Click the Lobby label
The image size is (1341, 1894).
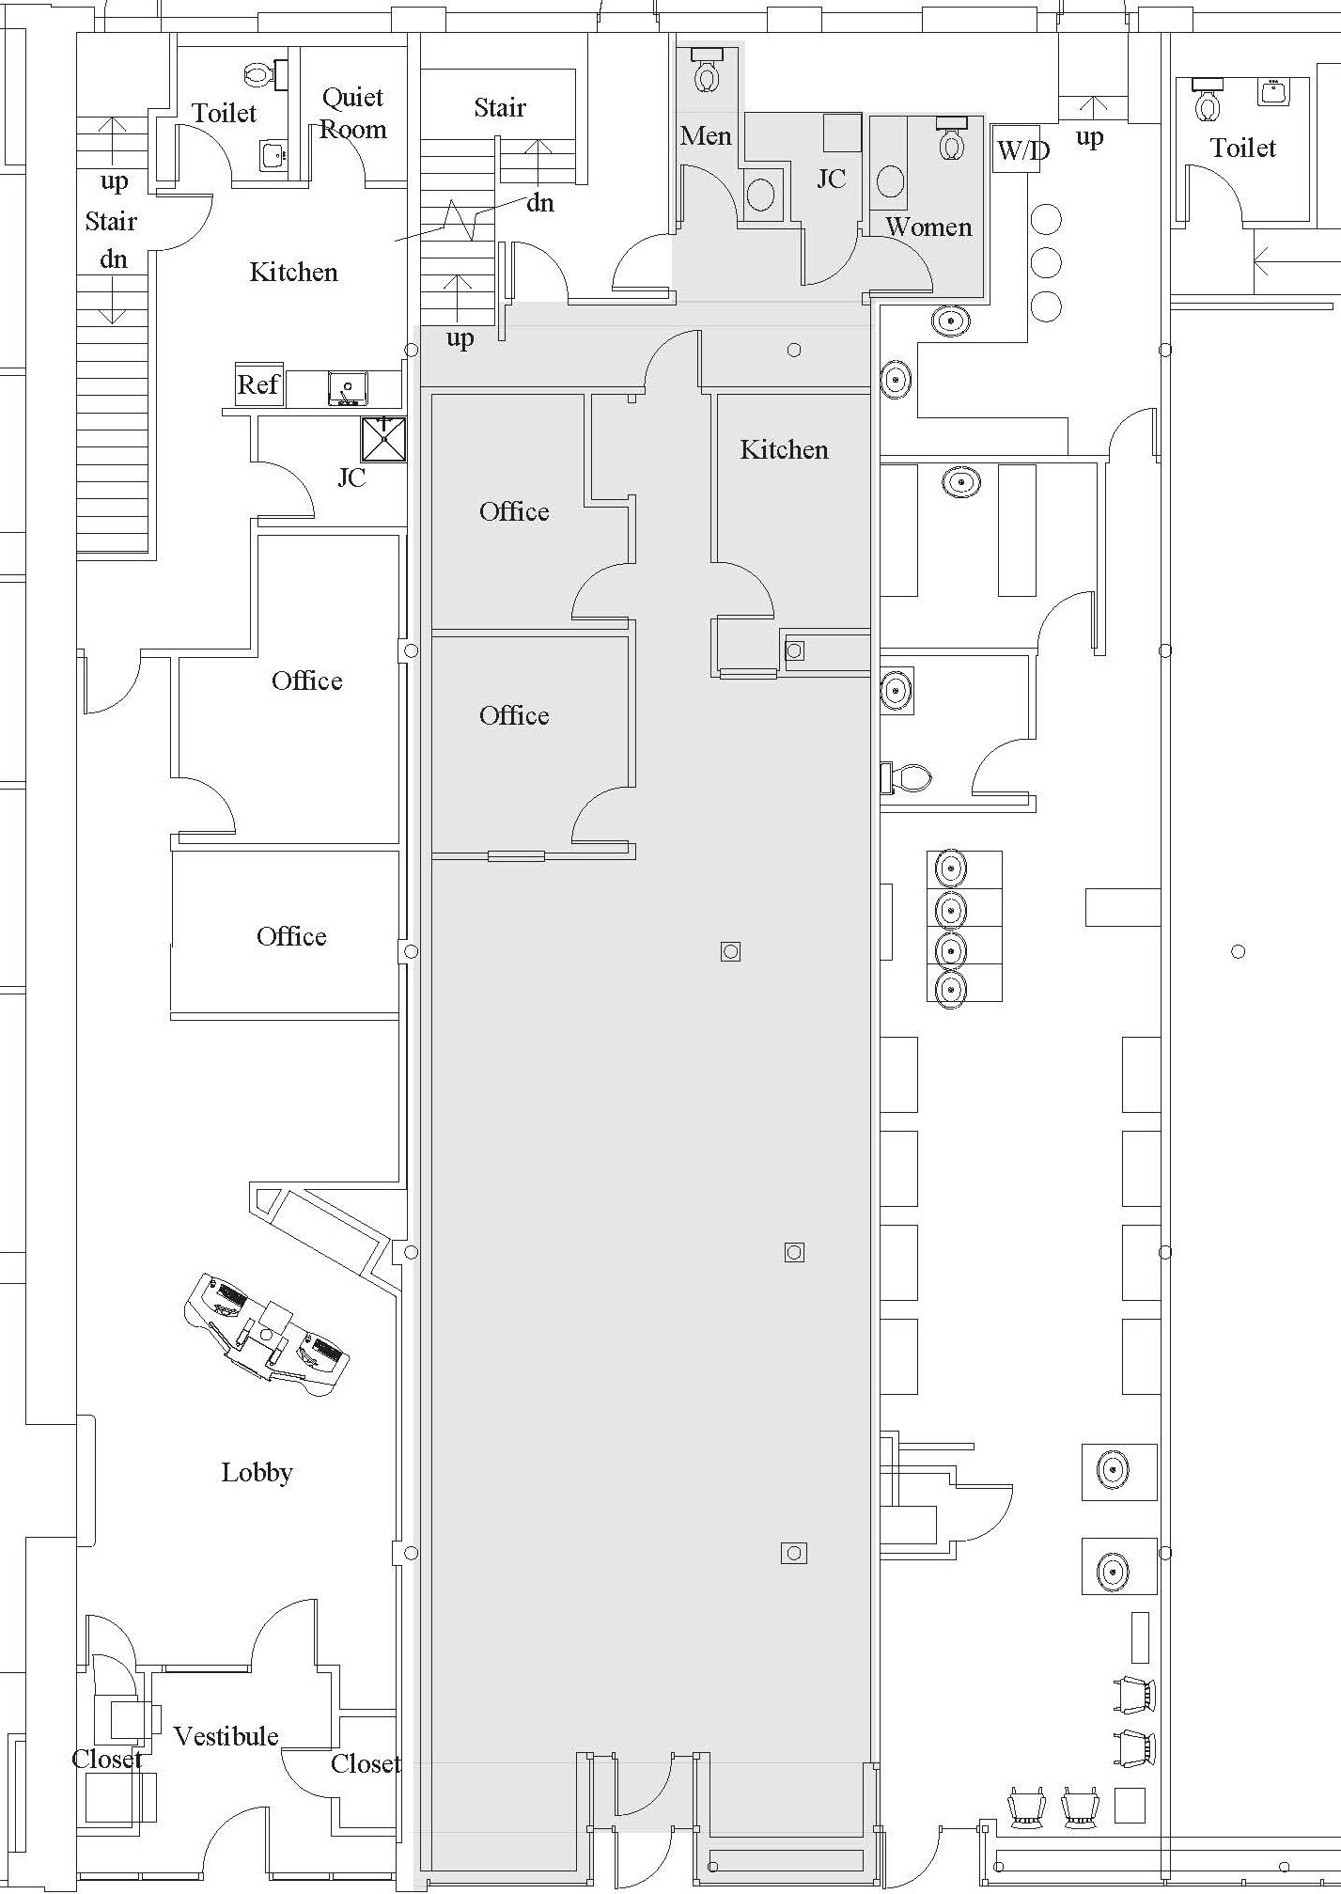coord(257,1472)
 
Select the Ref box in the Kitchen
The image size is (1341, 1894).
coord(258,384)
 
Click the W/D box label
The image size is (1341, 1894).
coord(1022,149)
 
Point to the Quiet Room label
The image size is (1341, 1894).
coord(352,114)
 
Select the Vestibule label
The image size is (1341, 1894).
coord(226,1736)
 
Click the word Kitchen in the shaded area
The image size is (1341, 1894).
coord(784,449)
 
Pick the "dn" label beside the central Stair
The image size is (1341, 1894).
coord(539,203)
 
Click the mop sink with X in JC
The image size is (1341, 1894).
coord(383,440)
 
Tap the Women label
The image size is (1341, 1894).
coord(928,227)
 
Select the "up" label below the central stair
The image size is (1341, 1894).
coord(460,337)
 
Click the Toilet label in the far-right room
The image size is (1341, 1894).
coord(1242,148)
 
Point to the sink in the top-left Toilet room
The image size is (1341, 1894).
coord(273,155)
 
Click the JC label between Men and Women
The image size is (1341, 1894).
coord(831,179)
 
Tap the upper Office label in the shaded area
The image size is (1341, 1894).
coord(514,511)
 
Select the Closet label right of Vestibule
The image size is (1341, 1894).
coord(366,1764)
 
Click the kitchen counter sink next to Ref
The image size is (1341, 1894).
coord(348,387)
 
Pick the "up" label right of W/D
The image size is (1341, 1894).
coord(1089,137)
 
